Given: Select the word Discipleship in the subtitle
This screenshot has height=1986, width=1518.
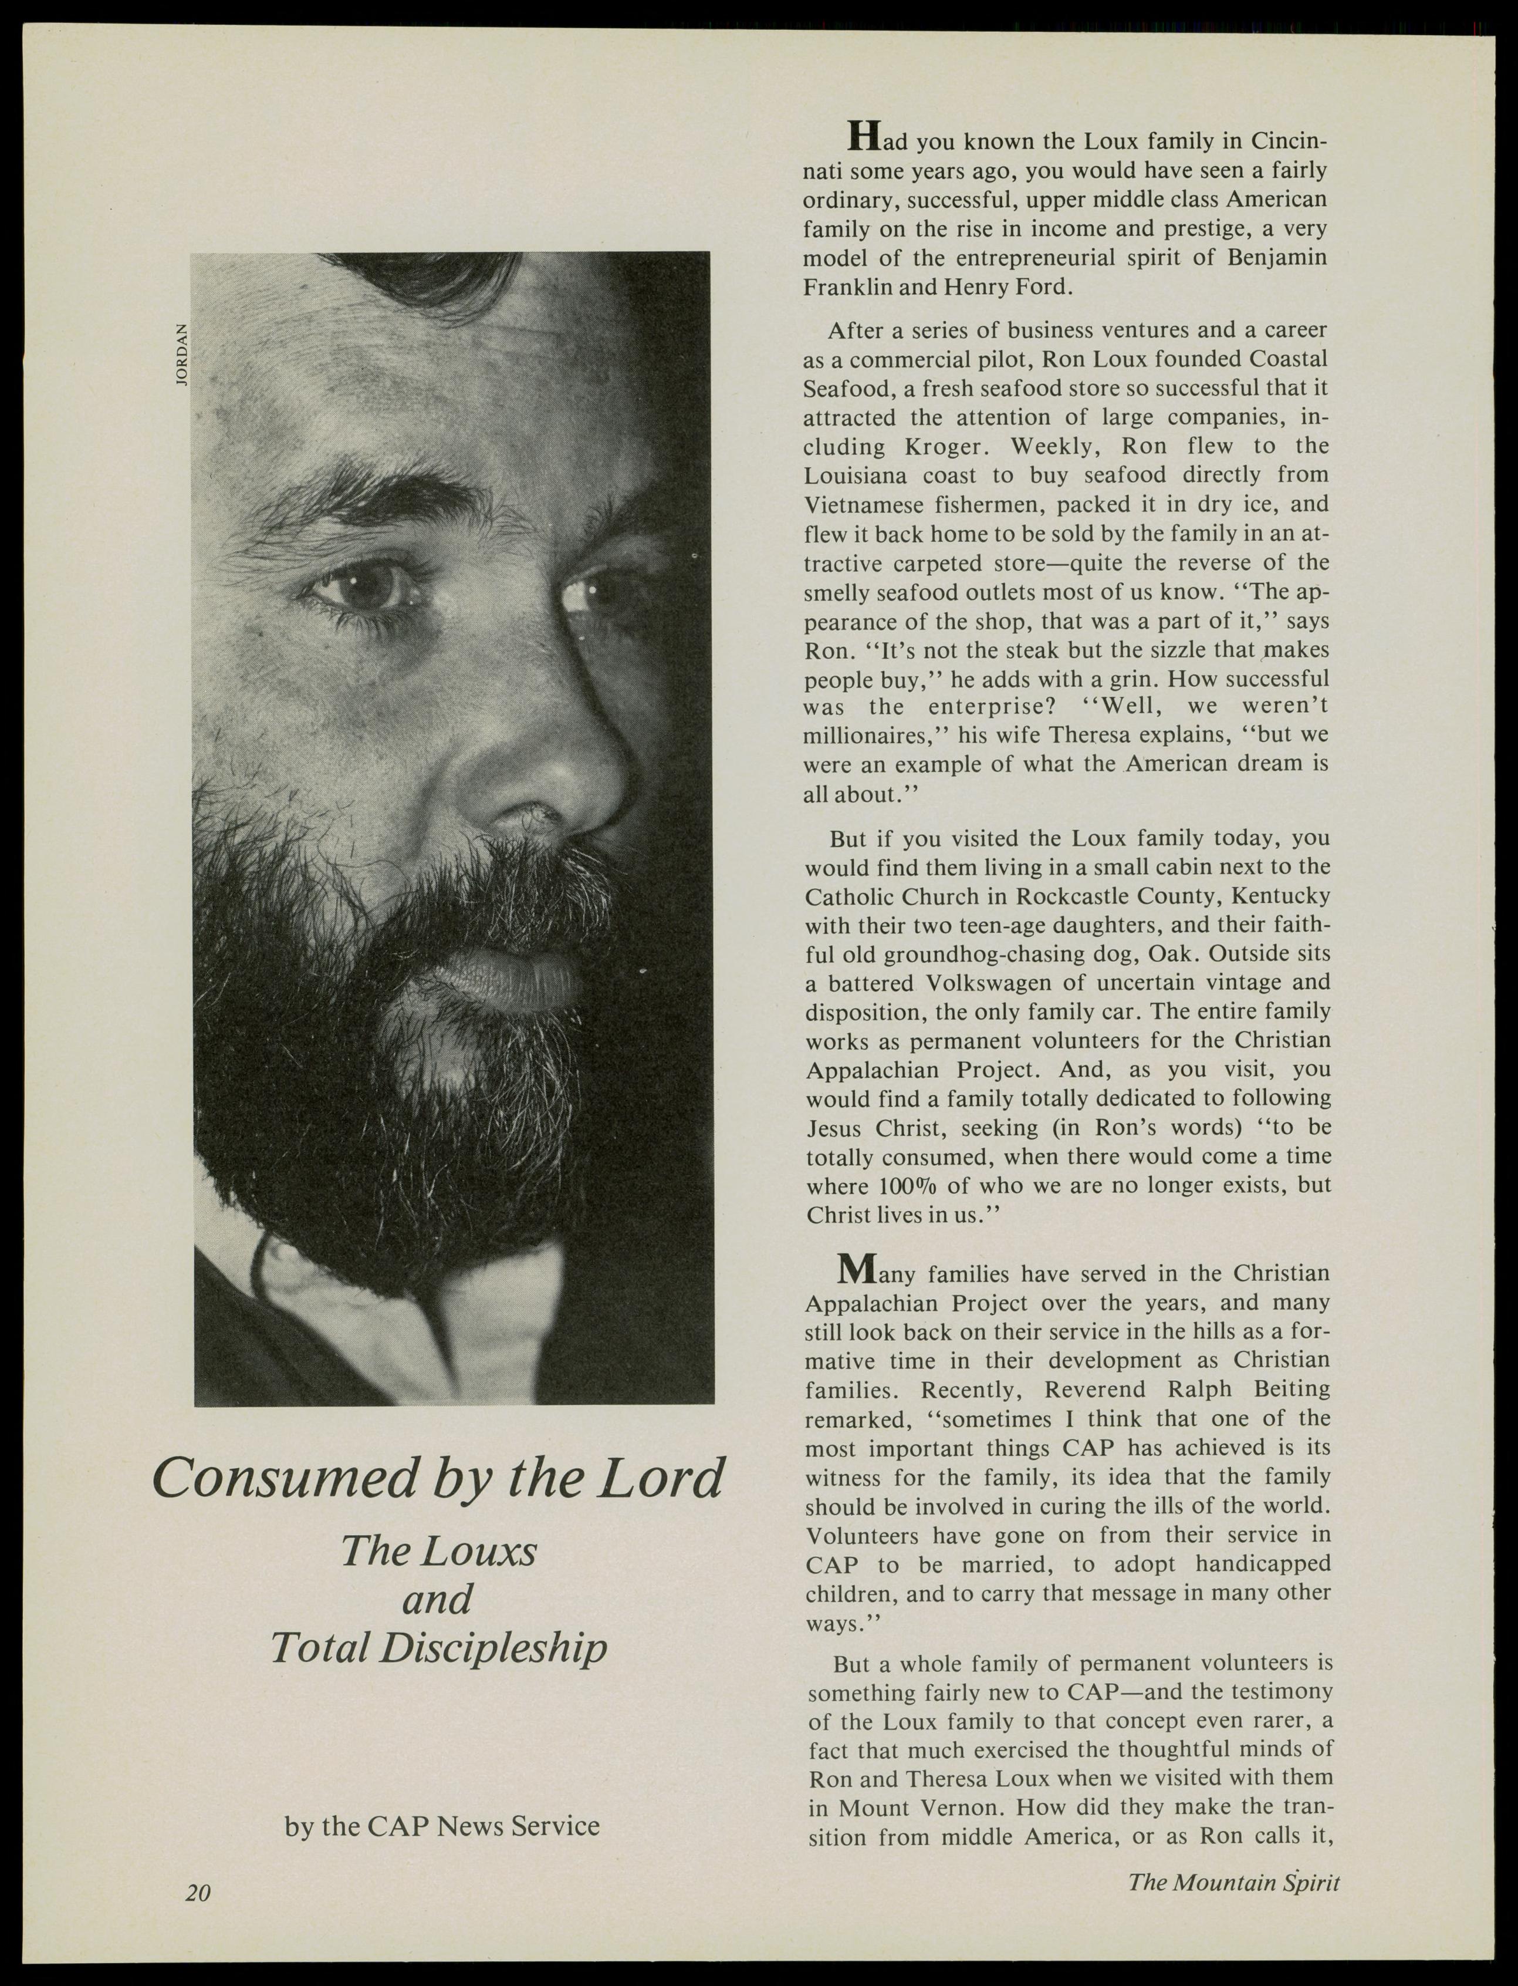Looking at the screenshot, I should tap(493, 1647).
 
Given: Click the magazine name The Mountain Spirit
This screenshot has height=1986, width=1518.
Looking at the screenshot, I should tap(1233, 1882).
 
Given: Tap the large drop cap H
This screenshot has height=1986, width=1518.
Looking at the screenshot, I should tap(864, 136).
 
